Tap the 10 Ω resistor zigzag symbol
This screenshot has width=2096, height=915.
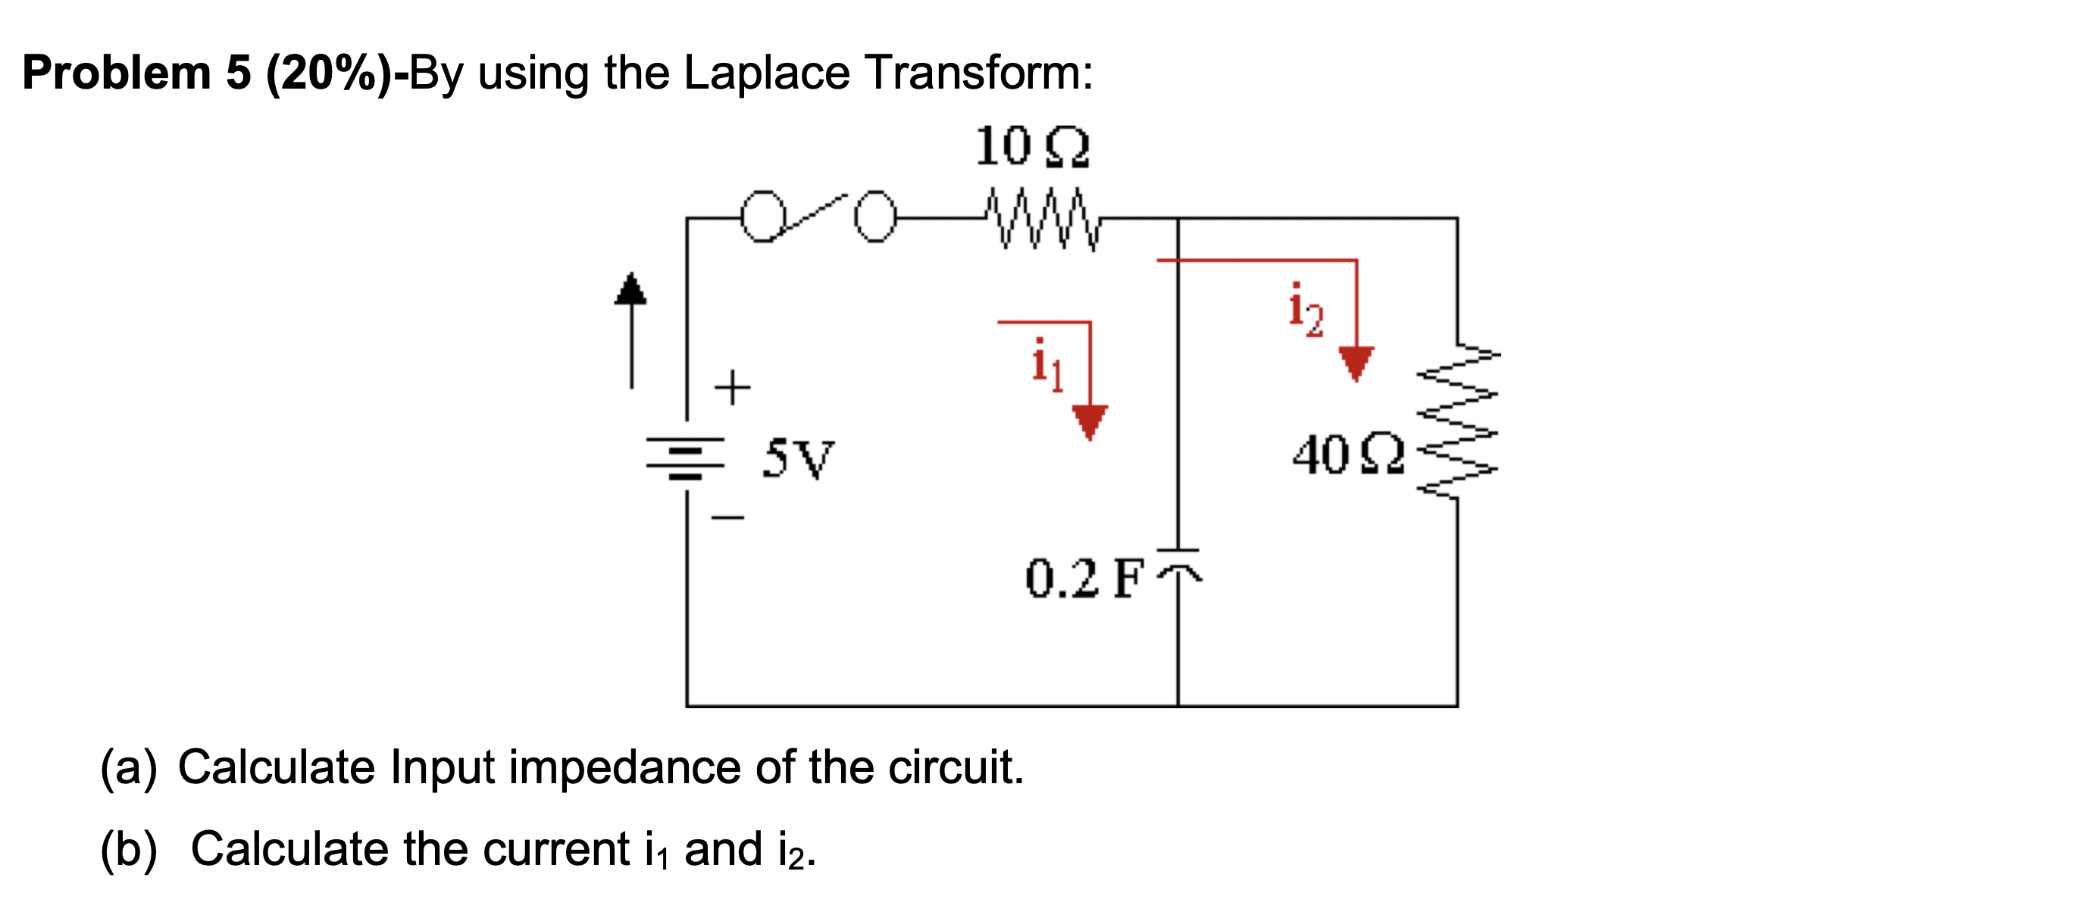tap(1041, 218)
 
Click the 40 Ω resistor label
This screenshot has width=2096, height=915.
tap(1348, 454)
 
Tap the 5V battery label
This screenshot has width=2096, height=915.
tap(798, 458)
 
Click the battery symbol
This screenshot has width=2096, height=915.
tap(685, 458)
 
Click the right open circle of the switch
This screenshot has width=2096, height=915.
tap(874, 217)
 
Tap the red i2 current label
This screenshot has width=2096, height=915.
tap(1305, 310)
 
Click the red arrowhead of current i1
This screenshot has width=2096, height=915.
tap(1090, 422)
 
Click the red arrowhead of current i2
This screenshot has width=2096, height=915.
tap(1356, 363)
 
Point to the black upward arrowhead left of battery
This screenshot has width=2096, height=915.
tap(630, 289)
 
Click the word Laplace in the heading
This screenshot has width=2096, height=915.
tap(766, 73)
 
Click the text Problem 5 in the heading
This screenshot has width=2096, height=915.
tap(136, 73)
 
